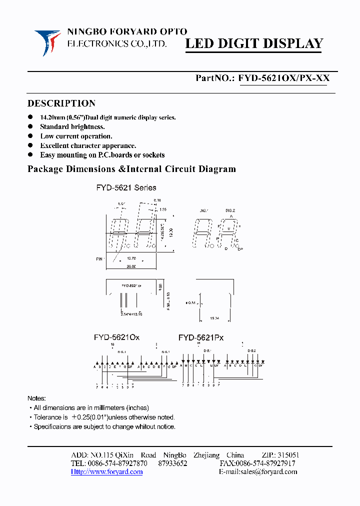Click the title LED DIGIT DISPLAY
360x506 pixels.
tap(254, 44)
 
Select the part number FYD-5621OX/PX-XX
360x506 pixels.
tap(283, 78)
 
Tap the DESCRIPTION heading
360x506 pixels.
tap(61, 103)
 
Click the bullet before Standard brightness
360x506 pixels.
tap(31, 126)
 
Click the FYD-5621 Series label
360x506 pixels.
tap(126, 188)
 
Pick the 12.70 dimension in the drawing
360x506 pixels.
tap(131, 258)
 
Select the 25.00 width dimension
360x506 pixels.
tap(131, 266)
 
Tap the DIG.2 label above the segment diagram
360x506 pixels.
tap(230, 210)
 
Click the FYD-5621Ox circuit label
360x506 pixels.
tap(116, 337)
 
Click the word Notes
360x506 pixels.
tap(36, 398)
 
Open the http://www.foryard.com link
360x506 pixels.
tap(106, 471)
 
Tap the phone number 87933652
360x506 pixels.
tap(172, 463)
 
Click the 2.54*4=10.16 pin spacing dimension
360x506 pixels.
tap(131, 314)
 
